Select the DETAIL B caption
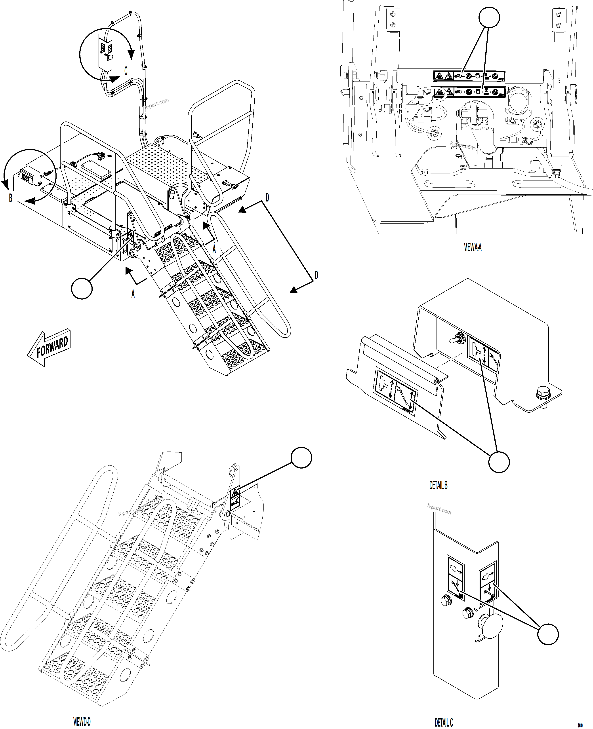[438, 485]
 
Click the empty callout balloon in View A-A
[489, 17]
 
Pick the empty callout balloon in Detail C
[548, 634]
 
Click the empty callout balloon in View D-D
[301, 458]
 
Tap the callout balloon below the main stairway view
[82, 289]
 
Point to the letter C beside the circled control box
[126, 71]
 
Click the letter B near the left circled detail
[11, 198]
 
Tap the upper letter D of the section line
[267, 197]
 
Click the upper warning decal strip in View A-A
[469, 76]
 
